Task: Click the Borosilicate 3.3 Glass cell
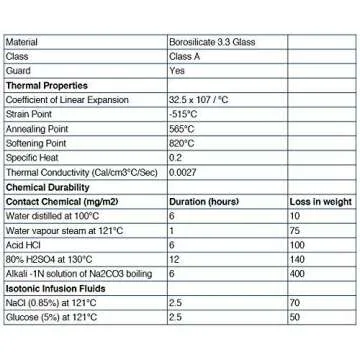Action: (x=206, y=42)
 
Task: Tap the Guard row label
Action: (x=17, y=71)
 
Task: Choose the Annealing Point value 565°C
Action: (x=181, y=129)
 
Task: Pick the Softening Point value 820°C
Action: (x=181, y=143)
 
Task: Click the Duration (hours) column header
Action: (x=204, y=201)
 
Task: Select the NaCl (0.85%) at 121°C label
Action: (x=51, y=302)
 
